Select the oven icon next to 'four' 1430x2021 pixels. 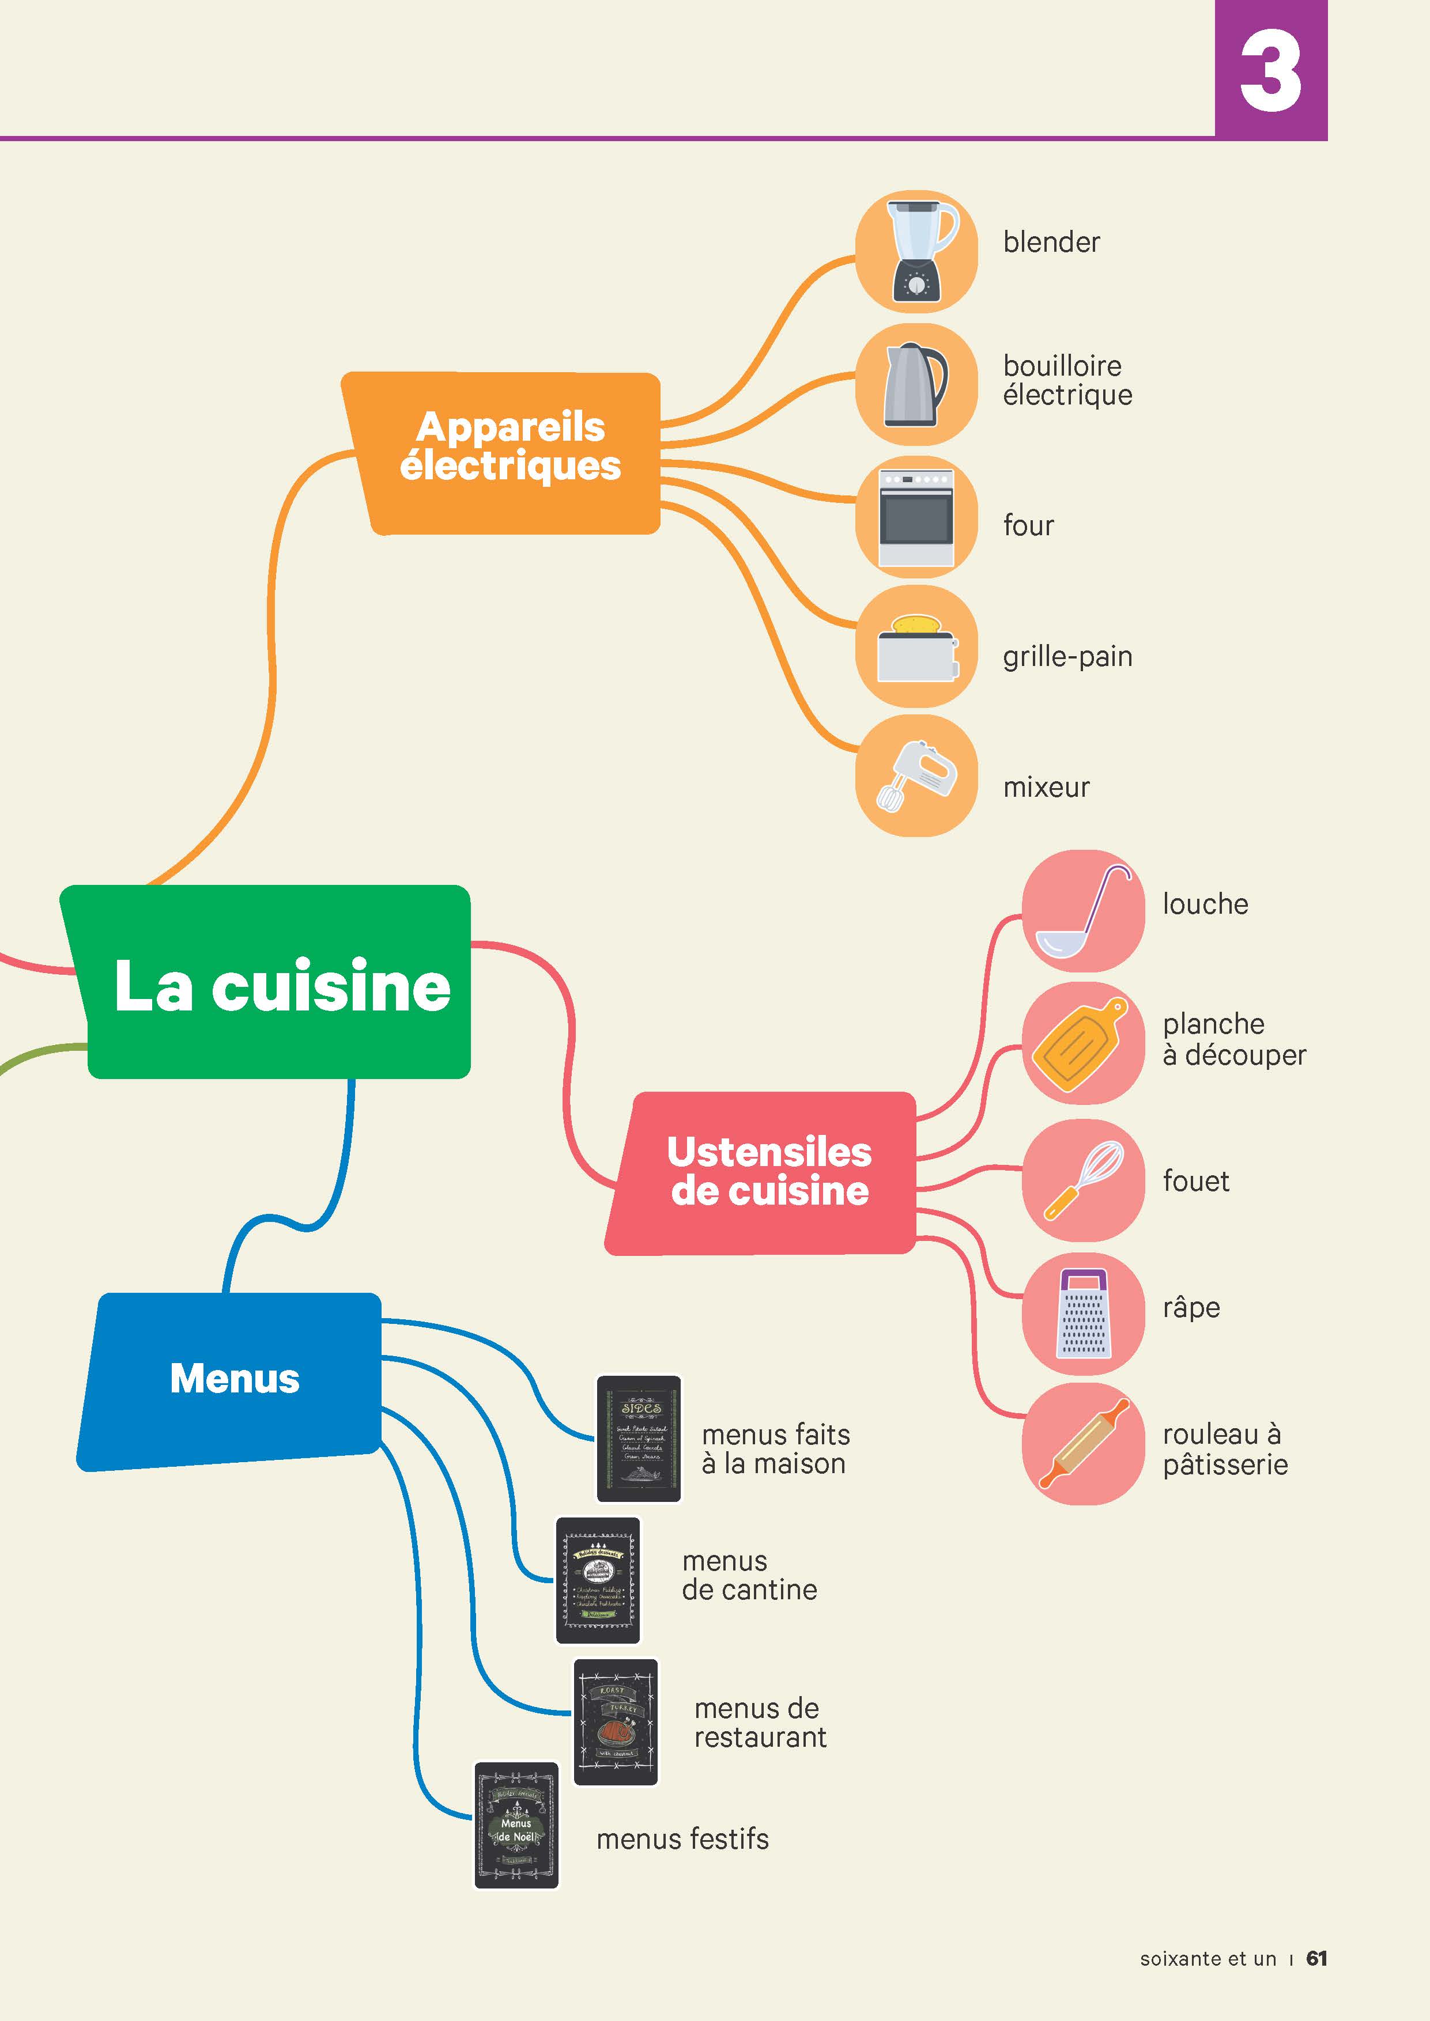(916, 517)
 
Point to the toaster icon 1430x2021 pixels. (916, 648)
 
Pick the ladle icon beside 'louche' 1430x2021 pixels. (1082, 911)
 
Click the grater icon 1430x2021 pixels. (1082, 1314)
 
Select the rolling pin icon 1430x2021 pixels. (1083, 1444)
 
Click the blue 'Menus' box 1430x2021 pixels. (234, 1379)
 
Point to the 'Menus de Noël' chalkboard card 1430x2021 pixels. (516, 1825)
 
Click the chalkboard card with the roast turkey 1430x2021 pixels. (616, 1722)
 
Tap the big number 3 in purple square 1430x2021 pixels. (1270, 70)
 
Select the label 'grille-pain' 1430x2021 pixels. (1067, 657)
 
